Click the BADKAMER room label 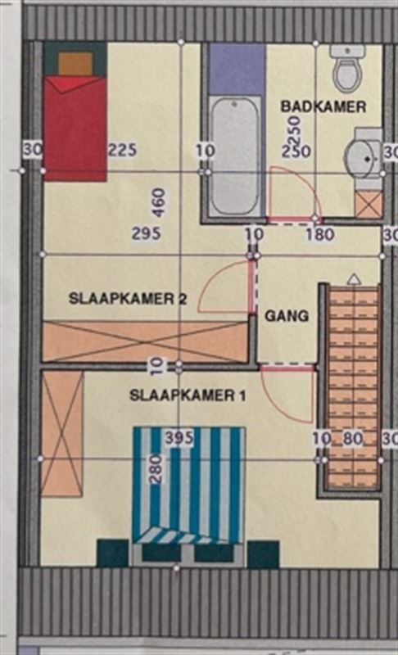click(x=323, y=106)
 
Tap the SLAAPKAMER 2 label click(x=128, y=299)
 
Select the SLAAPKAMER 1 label click(x=188, y=395)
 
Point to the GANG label click(x=287, y=315)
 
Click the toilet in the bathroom click(x=348, y=70)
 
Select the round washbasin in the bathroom click(x=364, y=158)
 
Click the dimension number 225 click(x=122, y=150)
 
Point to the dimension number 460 click(x=159, y=202)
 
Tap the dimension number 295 click(x=146, y=233)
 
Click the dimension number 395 click(x=179, y=438)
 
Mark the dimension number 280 click(x=156, y=468)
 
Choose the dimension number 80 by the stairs click(x=352, y=439)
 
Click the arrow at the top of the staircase click(x=354, y=279)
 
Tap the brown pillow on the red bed click(x=75, y=64)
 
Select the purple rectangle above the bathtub click(x=237, y=70)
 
